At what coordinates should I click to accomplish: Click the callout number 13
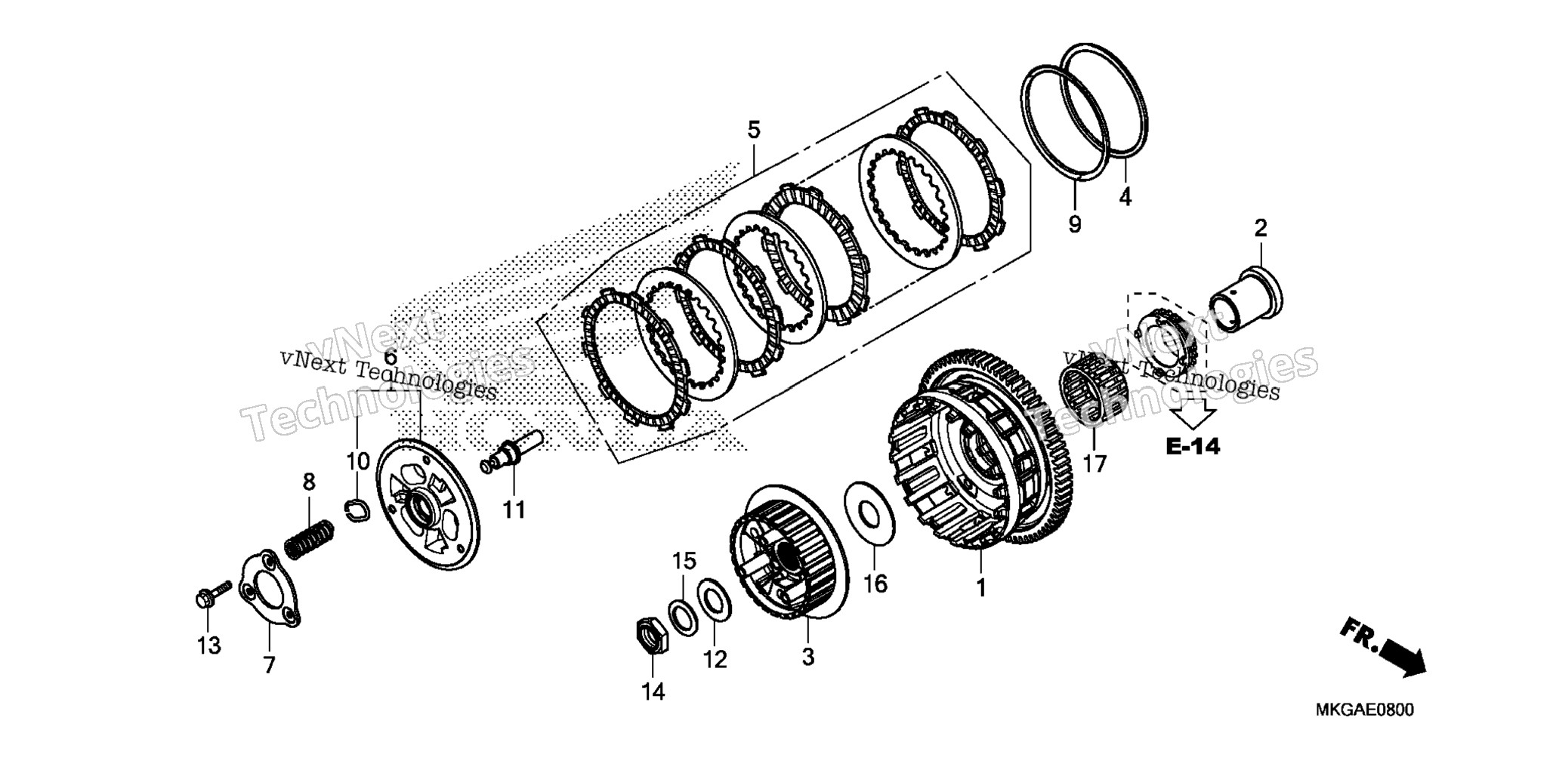209,645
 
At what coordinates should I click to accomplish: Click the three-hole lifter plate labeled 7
270,588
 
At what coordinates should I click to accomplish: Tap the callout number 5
754,129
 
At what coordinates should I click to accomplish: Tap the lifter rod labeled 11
514,452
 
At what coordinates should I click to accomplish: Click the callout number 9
1074,224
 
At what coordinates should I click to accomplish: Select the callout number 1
981,587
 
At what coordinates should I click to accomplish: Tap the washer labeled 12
712,600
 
